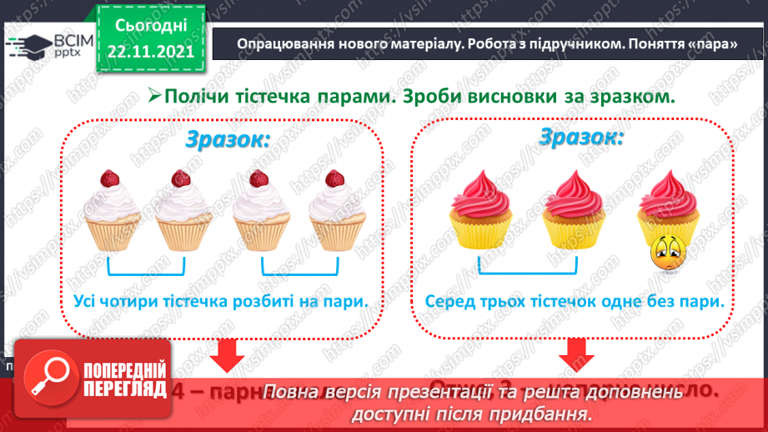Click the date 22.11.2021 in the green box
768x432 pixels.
click(150, 51)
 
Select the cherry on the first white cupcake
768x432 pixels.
click(108, 178)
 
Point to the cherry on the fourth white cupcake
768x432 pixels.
click(334, 178)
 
